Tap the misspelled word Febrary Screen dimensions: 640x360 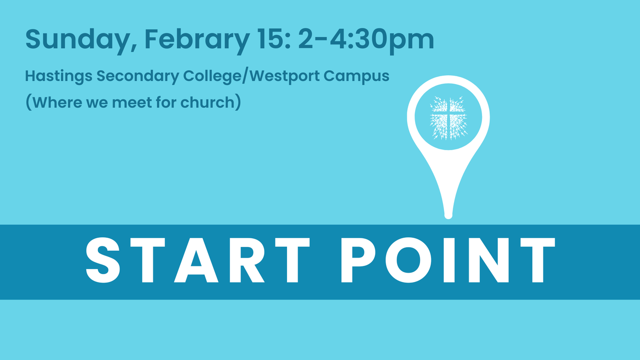coord(197,40)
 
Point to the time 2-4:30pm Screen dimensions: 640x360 coord(366,40)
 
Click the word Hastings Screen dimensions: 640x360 coord(59,76)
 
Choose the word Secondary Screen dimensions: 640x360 coord(138,76)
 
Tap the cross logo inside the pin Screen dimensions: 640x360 coord(448,118)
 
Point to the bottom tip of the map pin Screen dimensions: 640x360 coord(448,218)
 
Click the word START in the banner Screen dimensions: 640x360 coord(198,260)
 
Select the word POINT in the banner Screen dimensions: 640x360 coord(448,260)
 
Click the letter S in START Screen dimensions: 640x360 coord(103,260)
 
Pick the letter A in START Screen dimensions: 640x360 coord(196,260)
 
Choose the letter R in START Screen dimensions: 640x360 coord(247,260)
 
